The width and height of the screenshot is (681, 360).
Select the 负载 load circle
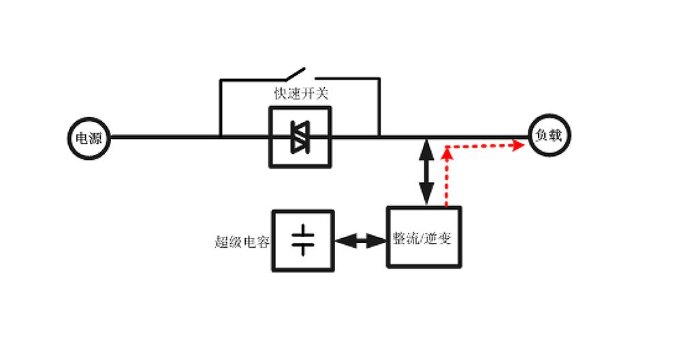pyautogui.click(x=550, y=136)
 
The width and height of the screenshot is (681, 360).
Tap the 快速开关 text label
pyautogui.click(x=300, y=94)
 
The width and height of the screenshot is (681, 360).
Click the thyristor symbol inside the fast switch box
pyautogui.click(x=300, y=137)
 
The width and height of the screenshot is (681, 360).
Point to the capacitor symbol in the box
pyautogui.click(x=303, y=240)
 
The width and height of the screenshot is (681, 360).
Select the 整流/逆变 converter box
pyautogui.click(x=424, y=237)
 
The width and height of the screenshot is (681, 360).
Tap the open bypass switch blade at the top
pyautogui.click(x=295, y=73)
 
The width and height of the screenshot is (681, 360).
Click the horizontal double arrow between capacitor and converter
pyautogui.click(x=361, y=240)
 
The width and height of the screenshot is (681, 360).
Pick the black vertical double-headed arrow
pyautogui.click(x=427, y=171)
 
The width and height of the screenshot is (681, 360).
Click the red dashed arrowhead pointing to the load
pyautogui.click(x=519, y=145)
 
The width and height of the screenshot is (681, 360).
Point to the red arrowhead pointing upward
pyautogui.click(x=447, y=151)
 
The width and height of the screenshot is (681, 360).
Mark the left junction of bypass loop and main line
pyautogui.click(x=221, y=137)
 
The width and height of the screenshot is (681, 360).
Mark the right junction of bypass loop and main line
pyautogui.click(x=379, y=137)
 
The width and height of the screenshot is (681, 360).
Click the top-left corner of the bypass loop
pyautogui.click(x=221, y=80)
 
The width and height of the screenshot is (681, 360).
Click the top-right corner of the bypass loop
pyautogui.click(x=379, y=80)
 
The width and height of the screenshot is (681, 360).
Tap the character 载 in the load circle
pyautogui.click(x=556, y=136)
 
